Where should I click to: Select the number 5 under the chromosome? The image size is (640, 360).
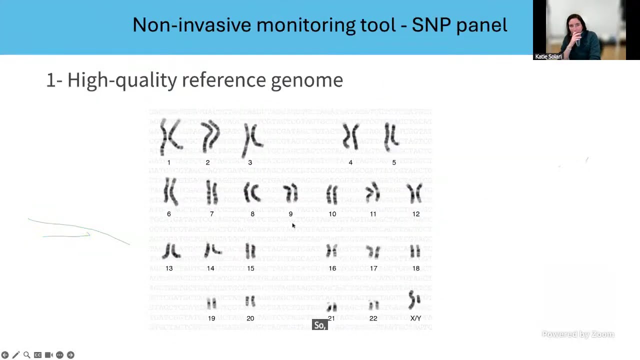(394, 162)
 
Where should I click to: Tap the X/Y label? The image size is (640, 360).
(415, 318)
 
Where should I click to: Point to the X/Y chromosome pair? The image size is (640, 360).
(414, 300)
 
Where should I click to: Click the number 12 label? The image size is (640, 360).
(416, 214)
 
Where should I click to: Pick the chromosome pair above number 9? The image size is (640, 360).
(290, 193)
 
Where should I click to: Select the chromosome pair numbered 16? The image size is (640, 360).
(331, 250)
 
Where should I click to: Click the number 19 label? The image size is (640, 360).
(211, 318)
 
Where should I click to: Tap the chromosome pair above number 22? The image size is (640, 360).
(373, 304)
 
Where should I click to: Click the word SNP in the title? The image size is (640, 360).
(432, 25)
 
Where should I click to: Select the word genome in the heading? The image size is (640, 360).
(306, 80)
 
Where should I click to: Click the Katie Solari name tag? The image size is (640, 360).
(548, 56)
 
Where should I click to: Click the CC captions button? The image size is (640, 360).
(37, 355)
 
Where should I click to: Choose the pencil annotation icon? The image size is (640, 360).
(15, 355)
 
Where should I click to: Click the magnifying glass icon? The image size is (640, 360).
(26, 355)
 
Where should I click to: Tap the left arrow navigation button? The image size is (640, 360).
(5, 355)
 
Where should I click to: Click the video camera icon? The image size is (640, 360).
(48, 355)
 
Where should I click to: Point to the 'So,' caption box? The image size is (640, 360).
(319, 325)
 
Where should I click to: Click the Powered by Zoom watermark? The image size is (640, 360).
(577, 334)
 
